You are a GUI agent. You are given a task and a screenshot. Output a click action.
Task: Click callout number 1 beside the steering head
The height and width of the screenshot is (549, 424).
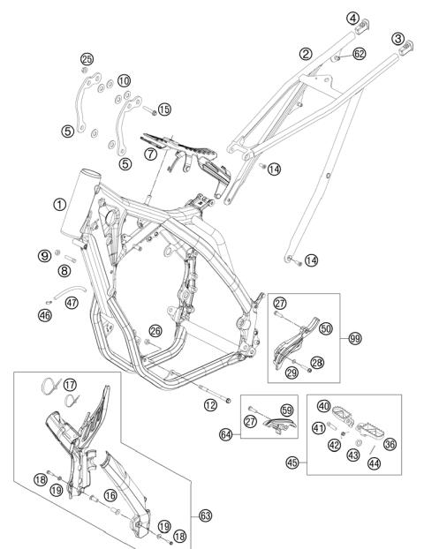(x=59, y=205)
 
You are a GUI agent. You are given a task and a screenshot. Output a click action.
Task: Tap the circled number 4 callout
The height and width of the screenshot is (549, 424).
(x=352, y=19)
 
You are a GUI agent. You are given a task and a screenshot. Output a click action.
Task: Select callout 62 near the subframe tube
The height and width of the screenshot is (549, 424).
(x=360, y=54)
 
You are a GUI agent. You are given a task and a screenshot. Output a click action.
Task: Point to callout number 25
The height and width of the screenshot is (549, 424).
(x=87, y=59)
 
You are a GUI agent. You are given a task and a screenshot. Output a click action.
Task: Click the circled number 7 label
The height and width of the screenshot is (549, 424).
(x=151, y=154)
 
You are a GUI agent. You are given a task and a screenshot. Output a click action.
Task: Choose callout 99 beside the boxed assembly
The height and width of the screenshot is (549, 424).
(x=355, y=339)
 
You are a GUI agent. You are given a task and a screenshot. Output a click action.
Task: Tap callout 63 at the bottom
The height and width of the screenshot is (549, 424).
(x=206, y=515)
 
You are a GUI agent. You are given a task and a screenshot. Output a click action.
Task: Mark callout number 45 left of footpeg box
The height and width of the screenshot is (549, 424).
(x=292, y=463)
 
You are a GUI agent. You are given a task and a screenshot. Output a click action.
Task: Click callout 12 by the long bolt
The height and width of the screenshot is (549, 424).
(x=210, y=405)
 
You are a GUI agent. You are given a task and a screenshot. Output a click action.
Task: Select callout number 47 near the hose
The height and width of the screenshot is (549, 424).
(x=72, y=303)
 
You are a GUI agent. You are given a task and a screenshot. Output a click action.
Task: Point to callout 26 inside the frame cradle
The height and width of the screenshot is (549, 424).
(x=155, y=331)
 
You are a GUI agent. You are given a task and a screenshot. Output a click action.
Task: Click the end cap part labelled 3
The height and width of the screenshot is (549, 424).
(x=406, y=48)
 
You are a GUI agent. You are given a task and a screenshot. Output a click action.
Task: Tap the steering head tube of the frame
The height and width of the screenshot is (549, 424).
(x=79, y=203)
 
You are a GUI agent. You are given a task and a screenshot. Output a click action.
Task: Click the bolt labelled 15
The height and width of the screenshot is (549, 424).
(x=149, y=110)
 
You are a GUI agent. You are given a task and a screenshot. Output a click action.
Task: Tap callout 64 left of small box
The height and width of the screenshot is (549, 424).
(x=225, y=435)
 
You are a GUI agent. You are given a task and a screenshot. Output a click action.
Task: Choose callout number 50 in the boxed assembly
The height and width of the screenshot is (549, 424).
(x=326, y=328)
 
